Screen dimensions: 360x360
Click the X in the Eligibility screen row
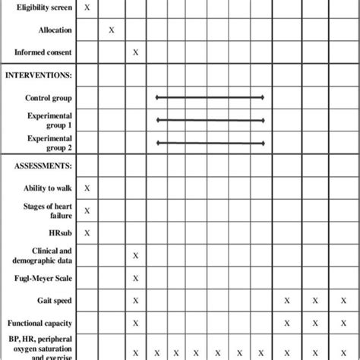[x=87, y=7]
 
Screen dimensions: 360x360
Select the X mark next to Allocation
[x=112, y=30]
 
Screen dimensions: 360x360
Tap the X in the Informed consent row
[x=135, y=52]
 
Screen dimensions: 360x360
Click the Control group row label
[x=49, y=98]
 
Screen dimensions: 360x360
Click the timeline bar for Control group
[x=210, y=97]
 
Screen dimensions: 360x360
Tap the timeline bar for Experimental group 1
[x=210, y=120]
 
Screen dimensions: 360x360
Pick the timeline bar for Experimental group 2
[x=210, y=143]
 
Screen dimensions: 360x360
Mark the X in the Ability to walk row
[x=87, y=188]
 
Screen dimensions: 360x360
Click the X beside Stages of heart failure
[x=87, y=210]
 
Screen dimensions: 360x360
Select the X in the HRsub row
[x=87, y=233]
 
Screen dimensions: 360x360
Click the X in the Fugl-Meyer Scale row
[x=135, y=278]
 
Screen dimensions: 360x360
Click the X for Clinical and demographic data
[x=135, y=256]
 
